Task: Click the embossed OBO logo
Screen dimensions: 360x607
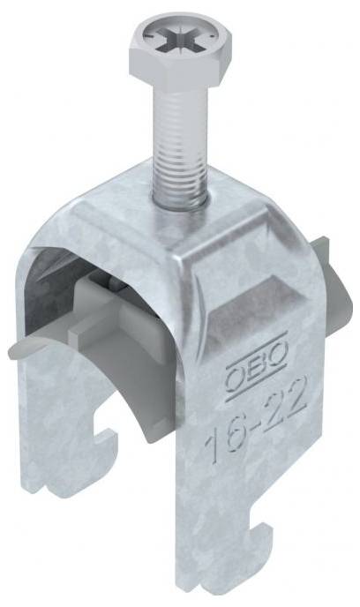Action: tap(257, 367)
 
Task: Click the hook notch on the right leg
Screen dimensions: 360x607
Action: tap(259, 541)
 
